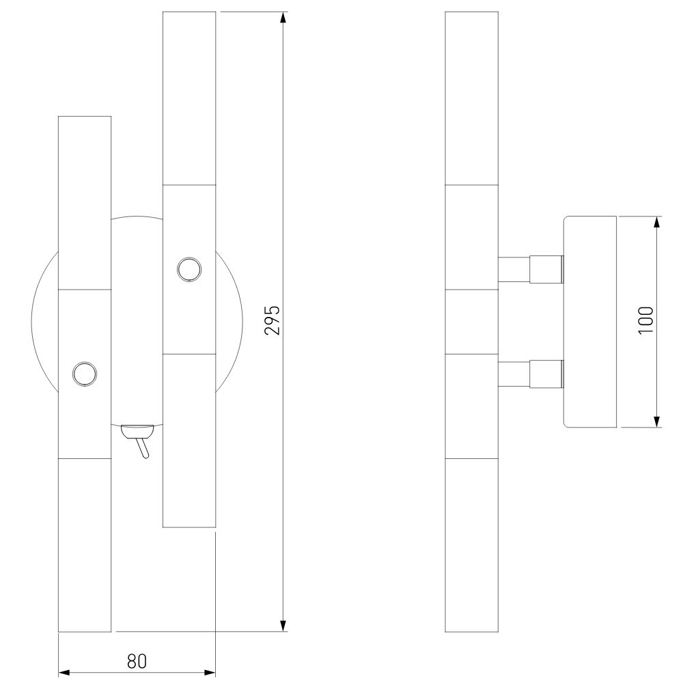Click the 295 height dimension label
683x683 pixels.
coord(272,320)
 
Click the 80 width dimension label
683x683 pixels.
coord(137,660)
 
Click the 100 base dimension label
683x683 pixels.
coord(646,320)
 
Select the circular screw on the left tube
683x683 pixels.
coord(85,374)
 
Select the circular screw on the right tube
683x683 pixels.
coord(189,269)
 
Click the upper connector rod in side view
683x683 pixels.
coord(531,269)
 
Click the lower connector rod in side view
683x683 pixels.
coord(531,374)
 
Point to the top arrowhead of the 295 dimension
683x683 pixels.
coord(283,18)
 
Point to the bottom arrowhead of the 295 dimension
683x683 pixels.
coord(283,626)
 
